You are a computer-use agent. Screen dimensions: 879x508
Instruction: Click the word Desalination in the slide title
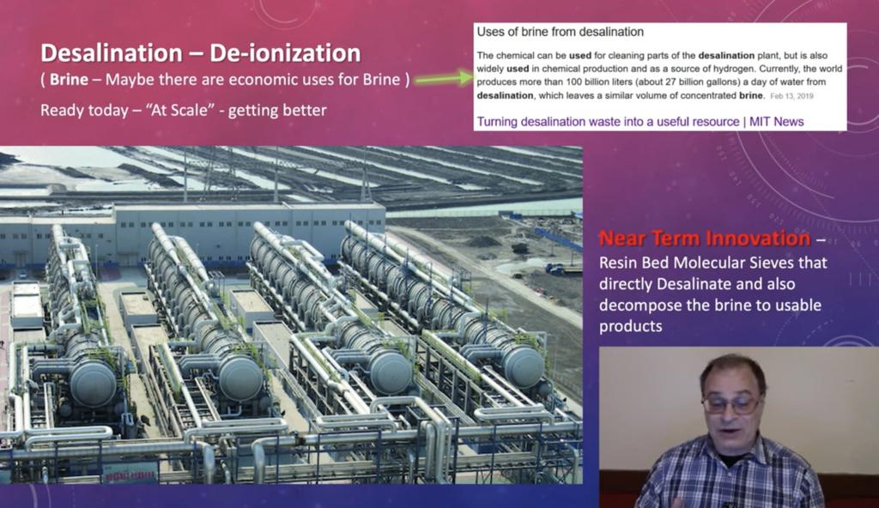(111, 53)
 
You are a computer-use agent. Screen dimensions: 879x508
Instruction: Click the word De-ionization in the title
(285, 53)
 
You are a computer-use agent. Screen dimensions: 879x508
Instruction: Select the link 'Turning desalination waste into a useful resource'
(608, 122)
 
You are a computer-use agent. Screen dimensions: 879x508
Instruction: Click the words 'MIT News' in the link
(776, 122)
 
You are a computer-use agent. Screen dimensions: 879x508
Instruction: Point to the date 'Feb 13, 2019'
(791, 96)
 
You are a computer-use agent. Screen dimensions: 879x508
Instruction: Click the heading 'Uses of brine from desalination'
(560, 32)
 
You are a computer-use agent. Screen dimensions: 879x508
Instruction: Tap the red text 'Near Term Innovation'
(705, 239)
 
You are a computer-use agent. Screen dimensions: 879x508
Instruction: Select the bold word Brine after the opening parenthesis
(69, 80)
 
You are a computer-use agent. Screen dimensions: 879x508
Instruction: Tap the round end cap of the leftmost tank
(93, 384)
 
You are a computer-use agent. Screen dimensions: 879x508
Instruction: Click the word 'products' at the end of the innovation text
(631, 326)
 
